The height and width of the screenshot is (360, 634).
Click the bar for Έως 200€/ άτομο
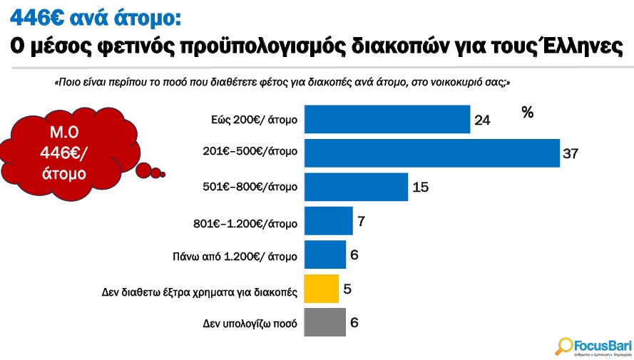click(x=387, y=118)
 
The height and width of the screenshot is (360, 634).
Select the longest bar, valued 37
click(x=432, y=153)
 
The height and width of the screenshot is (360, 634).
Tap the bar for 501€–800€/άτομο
click(x=356, y=187)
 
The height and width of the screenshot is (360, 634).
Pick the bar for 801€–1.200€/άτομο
click(x=329, y=221)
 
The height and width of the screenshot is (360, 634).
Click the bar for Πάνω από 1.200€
click(x=325, y=254)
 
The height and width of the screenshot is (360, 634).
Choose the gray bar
click(x=325, y=322)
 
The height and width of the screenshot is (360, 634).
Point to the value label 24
click(x=482, y=120)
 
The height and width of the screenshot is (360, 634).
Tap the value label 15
click(x=420, y=187)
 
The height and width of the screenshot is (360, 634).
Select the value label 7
click(x=362, y=222)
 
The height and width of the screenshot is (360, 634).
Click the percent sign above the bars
click(x=528, y=112)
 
